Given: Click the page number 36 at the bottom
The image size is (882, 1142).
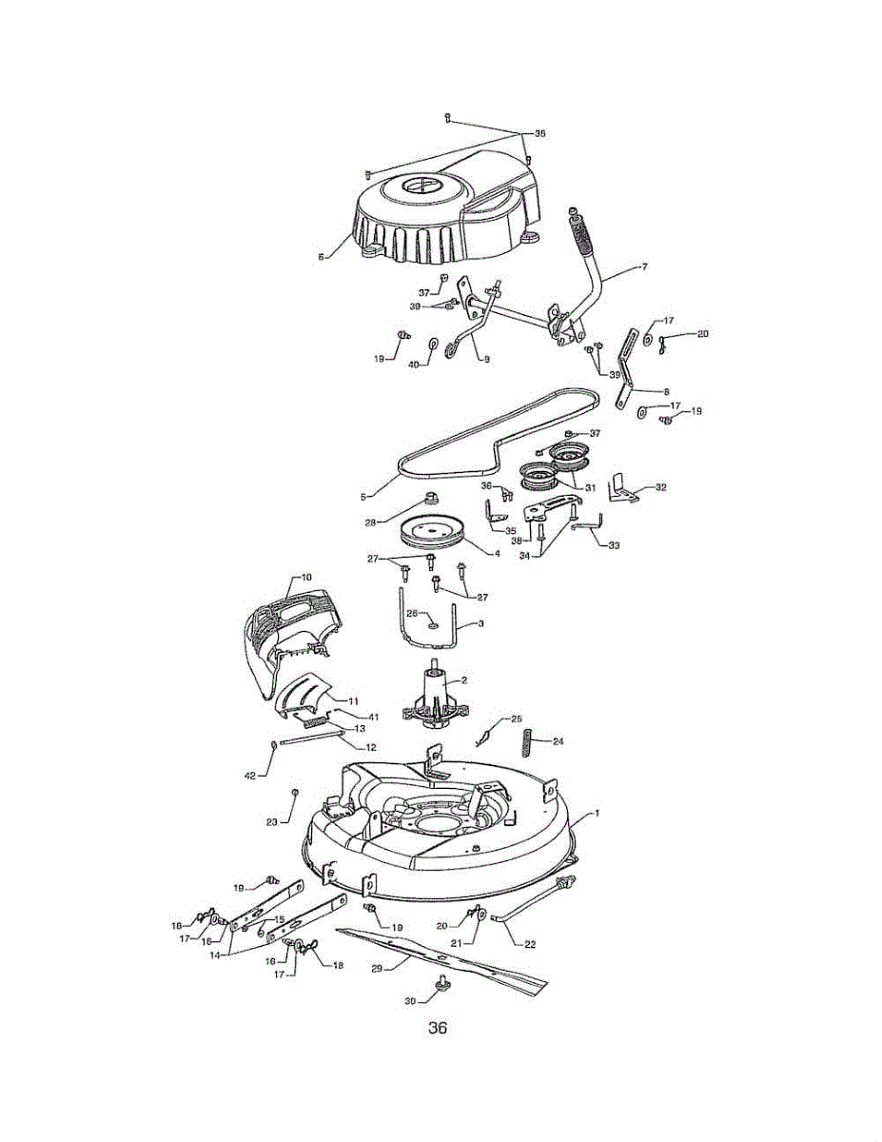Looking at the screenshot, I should [438, 1028].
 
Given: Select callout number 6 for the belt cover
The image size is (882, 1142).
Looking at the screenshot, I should [322, 256].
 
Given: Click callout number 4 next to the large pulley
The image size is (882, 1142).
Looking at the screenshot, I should [497, 553].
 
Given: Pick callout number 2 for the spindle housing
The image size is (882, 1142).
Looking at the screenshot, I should [464, 681].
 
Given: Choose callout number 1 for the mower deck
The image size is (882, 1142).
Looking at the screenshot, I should [597, 814].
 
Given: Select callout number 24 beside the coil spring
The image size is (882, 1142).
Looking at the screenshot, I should [558, 740].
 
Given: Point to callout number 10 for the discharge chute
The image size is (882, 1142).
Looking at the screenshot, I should [306, 577].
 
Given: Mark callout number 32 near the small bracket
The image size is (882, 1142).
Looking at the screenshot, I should [660, 486].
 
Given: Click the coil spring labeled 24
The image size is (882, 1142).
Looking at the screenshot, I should [526, 741].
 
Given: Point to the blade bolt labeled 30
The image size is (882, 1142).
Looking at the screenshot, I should [441, 982].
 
